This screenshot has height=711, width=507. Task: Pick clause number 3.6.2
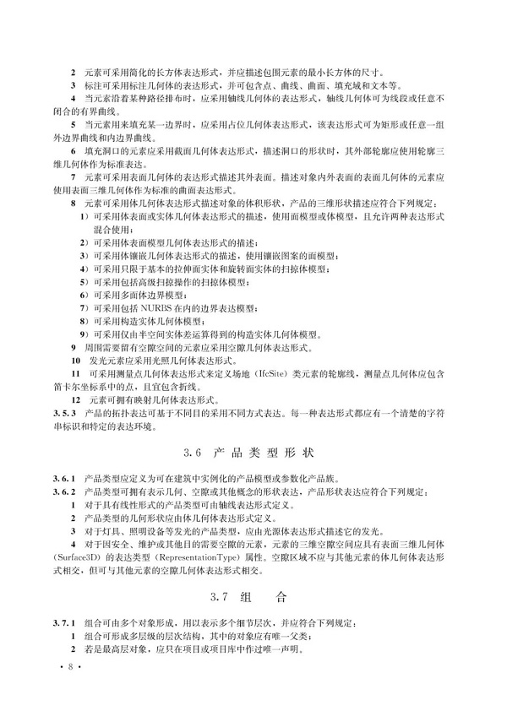click(64, 491)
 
